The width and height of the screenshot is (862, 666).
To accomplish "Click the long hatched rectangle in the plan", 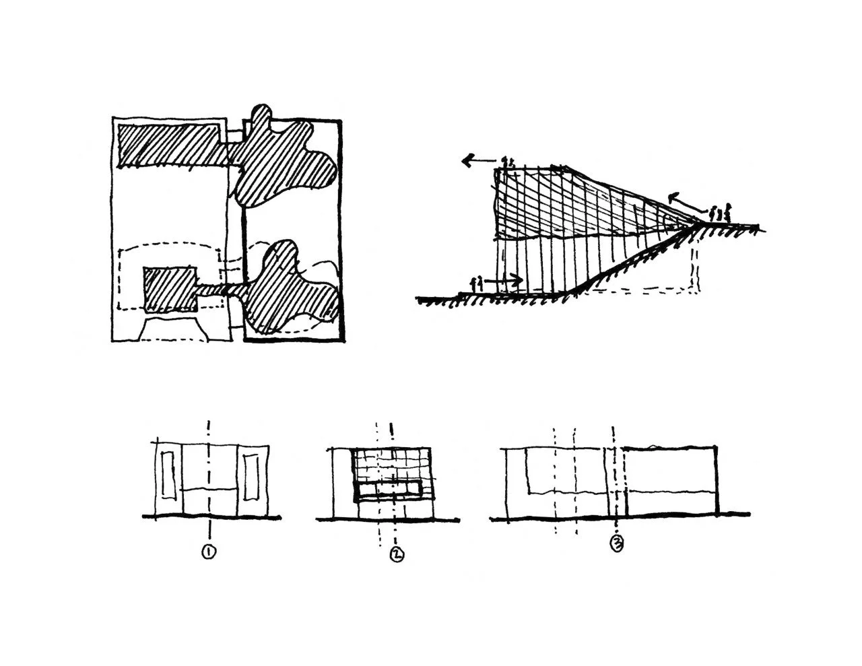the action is tap(172, 145).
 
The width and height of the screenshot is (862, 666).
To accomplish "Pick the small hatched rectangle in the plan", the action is tap(170, 288).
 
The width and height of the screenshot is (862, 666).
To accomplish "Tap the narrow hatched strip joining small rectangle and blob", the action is tap(222, 290).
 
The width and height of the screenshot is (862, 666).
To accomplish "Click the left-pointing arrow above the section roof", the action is tap(476, 161).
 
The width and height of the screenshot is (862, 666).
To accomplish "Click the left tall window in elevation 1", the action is tap(168, 477).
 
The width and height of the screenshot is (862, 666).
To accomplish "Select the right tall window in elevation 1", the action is tap(253, 477).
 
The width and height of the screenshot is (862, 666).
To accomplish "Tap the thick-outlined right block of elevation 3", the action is tap(670, 481).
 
